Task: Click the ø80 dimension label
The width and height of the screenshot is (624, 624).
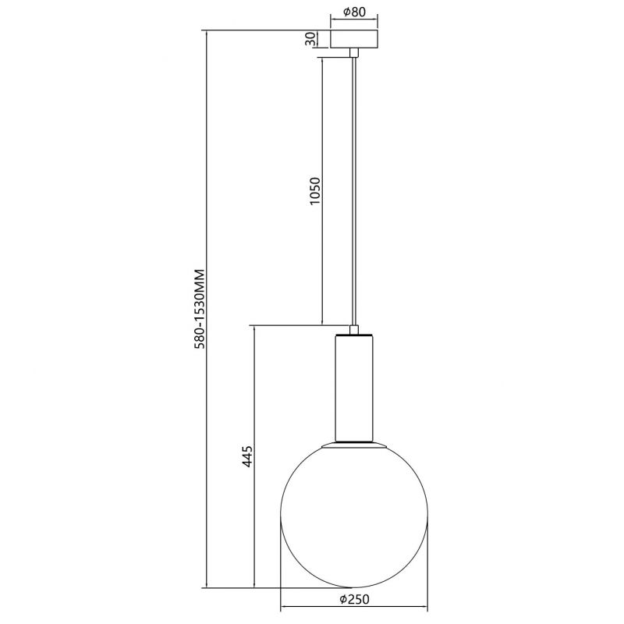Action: tap(353, 12)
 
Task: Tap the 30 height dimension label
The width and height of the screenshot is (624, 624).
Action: tap(310, 39)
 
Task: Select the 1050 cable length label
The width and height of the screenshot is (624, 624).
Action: tap(315, 191)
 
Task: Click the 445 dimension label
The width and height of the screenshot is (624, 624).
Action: tap(247, 456)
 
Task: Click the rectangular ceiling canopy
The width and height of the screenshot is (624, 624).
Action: tap(354, 39)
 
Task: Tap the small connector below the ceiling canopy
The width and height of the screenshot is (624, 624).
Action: tap(354, 53)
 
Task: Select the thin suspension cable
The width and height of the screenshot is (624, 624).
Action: tap(354, 191)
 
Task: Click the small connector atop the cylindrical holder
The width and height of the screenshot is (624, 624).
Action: tap(354, 330)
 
